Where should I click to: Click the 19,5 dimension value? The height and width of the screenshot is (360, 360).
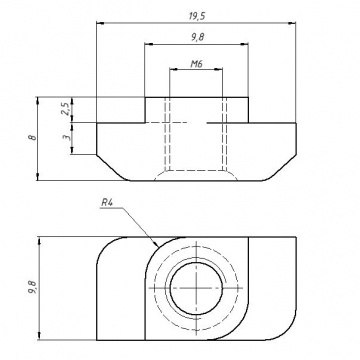pyautogui.click(x=197, y=17)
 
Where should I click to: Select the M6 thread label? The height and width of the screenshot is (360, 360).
pyautogui.click(x=197, y=64)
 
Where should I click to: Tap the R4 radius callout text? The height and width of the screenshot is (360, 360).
pyautogui.click(x=106, y=203)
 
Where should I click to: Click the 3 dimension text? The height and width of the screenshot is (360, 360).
pyautogui.click(x=66, y=137)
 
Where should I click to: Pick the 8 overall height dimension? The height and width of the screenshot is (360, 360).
pyautogui.click(x=33, y=137)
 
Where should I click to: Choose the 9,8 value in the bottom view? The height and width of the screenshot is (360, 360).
pyautogui.click(x=33, y=287)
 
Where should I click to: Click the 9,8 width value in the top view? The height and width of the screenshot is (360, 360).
pyautogui.click(x=197, y=38)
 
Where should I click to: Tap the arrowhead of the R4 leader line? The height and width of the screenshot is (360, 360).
pyautogui.click(x=156, y=244)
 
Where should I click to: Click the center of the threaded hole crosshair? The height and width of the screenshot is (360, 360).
pyautogui.click(x=197, y=288)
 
